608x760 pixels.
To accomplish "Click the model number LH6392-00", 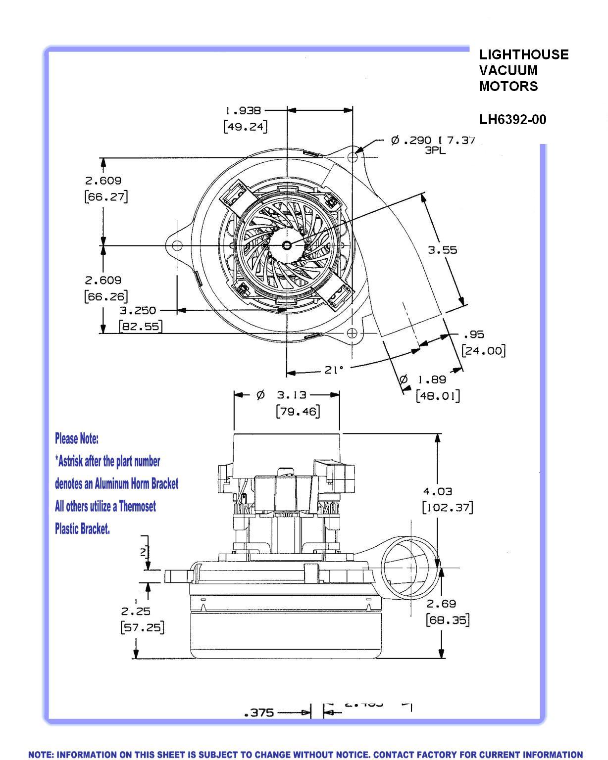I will tap(512, 120).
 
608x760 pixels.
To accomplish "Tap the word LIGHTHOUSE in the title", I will tap(524, 54).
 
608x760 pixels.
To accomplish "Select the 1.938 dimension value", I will tap(243, 110).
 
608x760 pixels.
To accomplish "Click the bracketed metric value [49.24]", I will tap(245, 126).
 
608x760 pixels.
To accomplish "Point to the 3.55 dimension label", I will tap(442, 250).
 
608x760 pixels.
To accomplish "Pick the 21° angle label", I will tap(334, 370).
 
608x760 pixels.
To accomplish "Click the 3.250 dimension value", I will tap(138, 311).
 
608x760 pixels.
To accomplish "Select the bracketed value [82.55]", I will tap(140, 327).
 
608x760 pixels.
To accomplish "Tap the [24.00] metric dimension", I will tap(483, 351).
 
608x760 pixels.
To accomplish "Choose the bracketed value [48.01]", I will tap(438, 396).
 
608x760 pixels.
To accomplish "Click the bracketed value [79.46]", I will tap(298, 411).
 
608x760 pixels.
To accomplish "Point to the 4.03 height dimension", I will tap(438, 491).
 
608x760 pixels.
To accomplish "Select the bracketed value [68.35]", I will tap(448, 620).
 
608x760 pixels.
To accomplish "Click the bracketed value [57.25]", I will tap(142, 627).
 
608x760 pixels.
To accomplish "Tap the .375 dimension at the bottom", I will tap(259, 713).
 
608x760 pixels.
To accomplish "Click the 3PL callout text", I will tap(435, 151).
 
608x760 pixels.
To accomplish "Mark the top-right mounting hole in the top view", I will tap(352, 157).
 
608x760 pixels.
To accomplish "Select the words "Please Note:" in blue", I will tap(77, 438).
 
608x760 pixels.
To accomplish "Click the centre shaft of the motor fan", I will tap(287, 245).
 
